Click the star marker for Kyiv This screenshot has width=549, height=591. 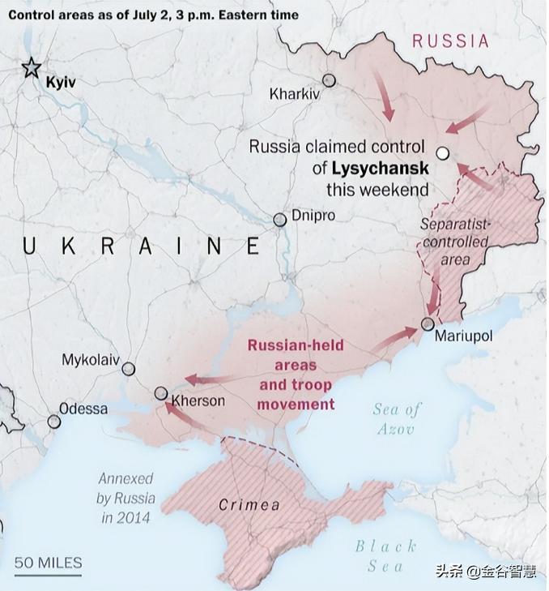click(32, 67)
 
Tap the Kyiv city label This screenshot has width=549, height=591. click(61, 82)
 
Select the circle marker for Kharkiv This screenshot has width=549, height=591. click(330, 80)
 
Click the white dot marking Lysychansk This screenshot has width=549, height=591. click(442, 152)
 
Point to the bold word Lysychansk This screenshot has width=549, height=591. click(380, 169)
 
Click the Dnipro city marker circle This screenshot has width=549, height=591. click(280, 220)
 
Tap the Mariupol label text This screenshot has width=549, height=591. click(463, 336)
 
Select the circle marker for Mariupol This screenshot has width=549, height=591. click(428, 324)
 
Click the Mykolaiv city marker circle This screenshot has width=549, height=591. click(128, 369)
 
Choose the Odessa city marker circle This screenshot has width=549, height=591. click(54, 422)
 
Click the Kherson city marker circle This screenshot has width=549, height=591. click(161, 394)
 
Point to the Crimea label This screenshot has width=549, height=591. click(249, 505)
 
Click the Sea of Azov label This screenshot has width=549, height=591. click(396, 419)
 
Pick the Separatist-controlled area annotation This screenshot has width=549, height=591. click(455, 242)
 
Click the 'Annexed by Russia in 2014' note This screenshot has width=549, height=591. click(126, 498)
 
